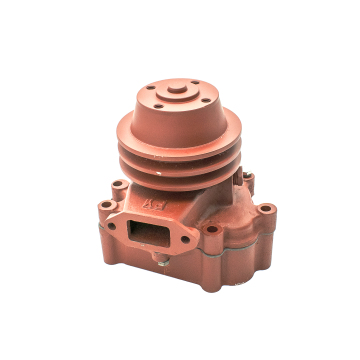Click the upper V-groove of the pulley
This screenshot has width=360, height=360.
tap(180, 156)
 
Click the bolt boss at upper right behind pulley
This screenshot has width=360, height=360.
tap(248, 181)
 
